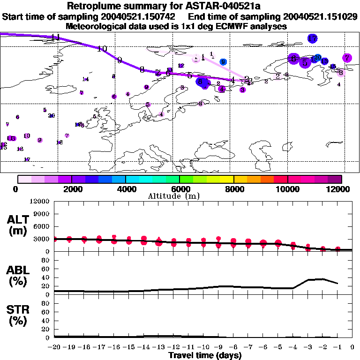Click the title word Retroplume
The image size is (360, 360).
click(95, 6)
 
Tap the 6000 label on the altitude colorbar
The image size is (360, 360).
click(180, 189)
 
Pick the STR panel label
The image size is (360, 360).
click(20, 315)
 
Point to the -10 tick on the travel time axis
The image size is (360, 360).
click(203, 347)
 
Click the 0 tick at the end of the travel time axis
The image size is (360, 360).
click(352, 347)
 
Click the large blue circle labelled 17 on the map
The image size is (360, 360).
click(313, 38)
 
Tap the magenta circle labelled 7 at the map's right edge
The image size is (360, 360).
click(347, 58)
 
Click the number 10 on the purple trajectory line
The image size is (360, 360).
click(102, 49)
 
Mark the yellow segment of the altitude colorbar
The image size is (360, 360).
click(227, 179)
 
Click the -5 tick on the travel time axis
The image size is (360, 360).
click(278, 347)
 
